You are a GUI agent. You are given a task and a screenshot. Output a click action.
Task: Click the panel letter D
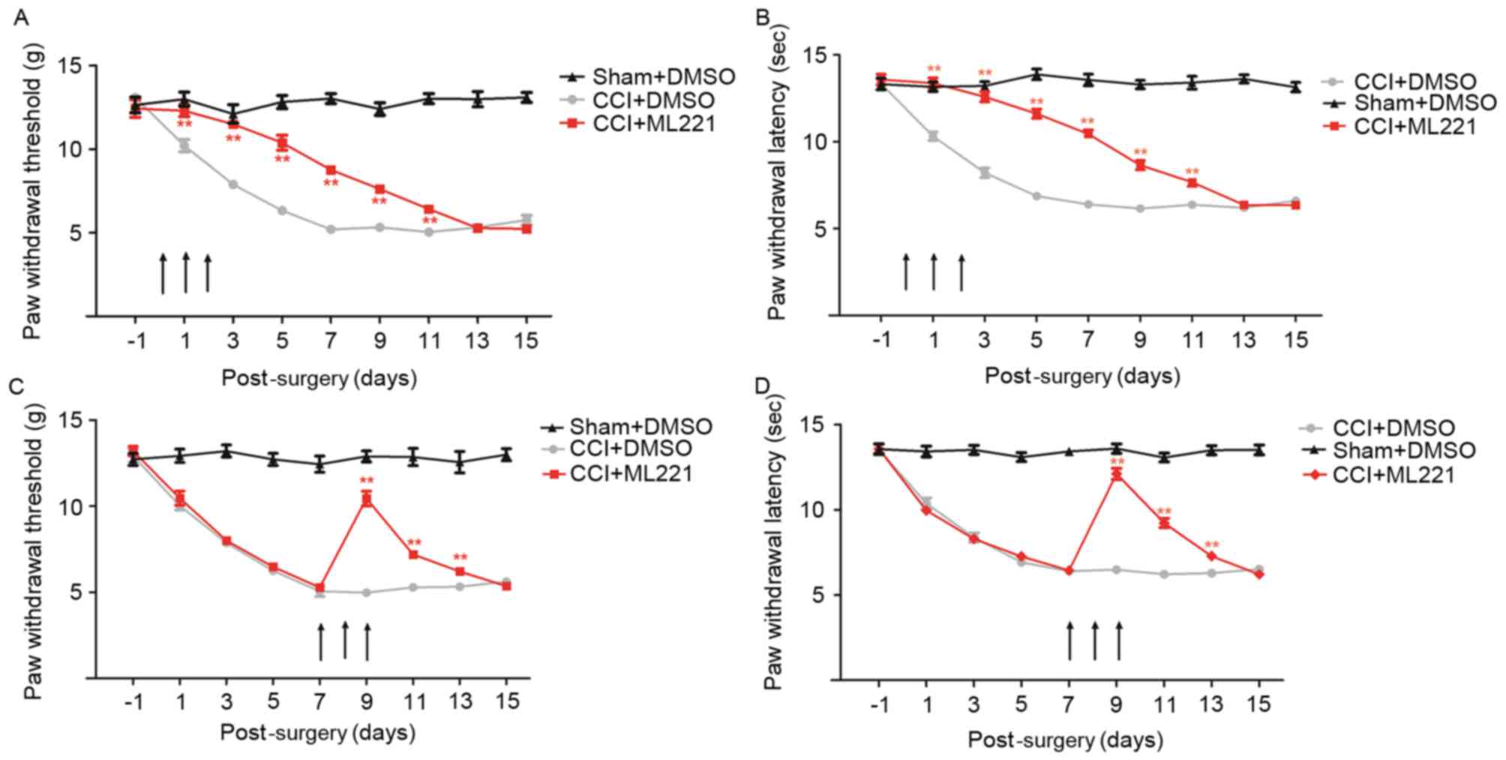763,386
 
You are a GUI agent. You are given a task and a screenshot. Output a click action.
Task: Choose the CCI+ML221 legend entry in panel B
1414,126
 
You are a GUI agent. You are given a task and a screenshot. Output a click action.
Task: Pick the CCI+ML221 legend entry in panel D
1393,475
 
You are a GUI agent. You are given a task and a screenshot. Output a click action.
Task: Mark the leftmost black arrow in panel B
905,272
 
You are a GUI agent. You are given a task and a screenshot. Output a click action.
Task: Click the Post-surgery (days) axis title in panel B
1081,376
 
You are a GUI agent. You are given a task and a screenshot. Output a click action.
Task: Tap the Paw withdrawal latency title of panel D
774,555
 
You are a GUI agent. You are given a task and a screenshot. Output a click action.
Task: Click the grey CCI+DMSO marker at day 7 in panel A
331,230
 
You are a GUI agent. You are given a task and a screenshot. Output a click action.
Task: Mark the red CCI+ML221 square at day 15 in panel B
1295,205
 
